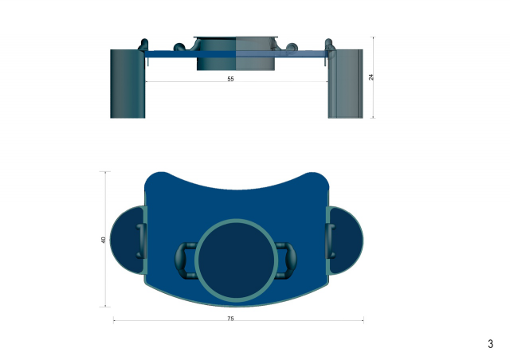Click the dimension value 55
pyautogui.click(x=230, y=79)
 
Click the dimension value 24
pyautogui.click(x=371, y=77)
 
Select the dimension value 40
pyautogui.click(x=103, y=240)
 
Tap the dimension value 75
pyautogui.click(x=230, y=319)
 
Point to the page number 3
pyautogui.click(x=490, y=344)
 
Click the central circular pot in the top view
pyautogui.click(x=237, y=260)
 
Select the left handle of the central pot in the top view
pyautogui.click(x=186, y=260)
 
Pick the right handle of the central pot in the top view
pyautogui.click(x=287, y=260)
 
